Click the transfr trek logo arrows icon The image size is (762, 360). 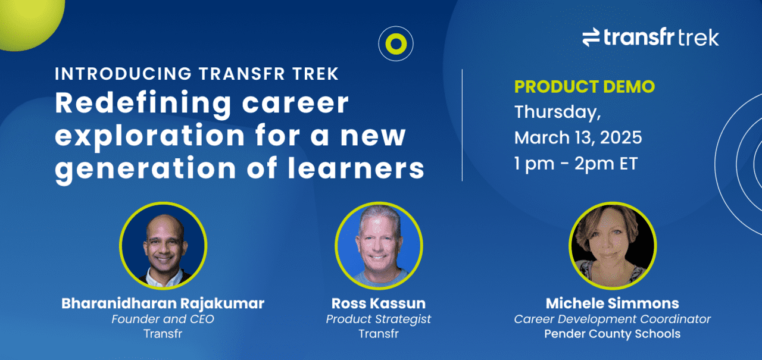[x=591, y=38]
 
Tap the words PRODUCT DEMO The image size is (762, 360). [x=584, y=87]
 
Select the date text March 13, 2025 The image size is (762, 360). [x=578, y=137]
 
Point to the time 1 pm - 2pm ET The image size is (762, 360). [x=576, y=164]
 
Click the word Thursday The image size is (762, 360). [x=555, y=112]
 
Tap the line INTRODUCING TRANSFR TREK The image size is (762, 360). [x=196, y=74]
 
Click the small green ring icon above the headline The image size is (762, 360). [x=395, y=43]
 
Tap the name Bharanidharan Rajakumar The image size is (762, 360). [x=163, y=303]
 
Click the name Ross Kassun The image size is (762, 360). [x=379, y=303]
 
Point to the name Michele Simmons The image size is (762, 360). [x=612, y=303]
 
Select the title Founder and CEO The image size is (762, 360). [x=163, y=319]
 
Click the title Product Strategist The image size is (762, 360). [x=379, y=319]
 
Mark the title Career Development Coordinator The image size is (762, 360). [x=612, y=319]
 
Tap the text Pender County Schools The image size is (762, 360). [x=612, y=333]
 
